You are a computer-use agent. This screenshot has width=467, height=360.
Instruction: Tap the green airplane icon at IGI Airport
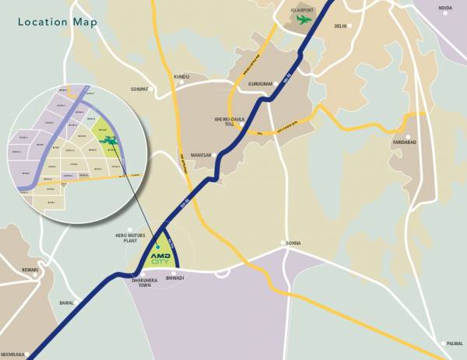click(304, 19)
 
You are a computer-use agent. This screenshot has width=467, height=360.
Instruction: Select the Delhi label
click(340, 26)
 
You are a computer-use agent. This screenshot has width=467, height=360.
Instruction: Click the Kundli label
click(182, 77)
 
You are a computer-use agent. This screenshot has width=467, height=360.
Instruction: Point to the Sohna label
click(293, 243)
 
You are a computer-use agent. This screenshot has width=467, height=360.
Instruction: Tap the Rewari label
click(29, 271)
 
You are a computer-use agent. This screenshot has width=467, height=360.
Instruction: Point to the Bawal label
click(66, 303)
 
